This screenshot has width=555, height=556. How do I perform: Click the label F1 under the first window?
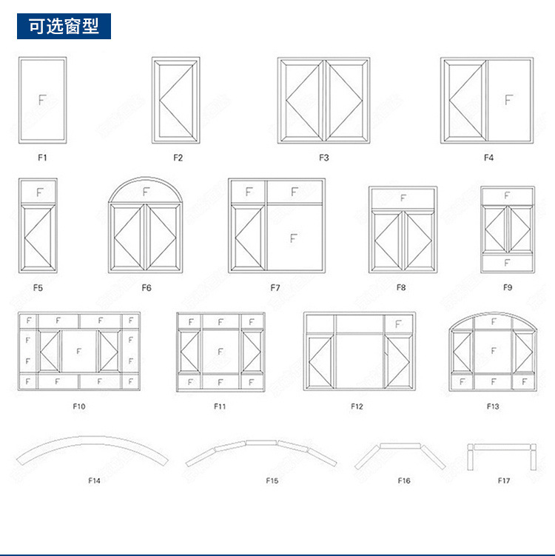(42, 157)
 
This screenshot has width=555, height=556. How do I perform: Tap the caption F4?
(488, 157)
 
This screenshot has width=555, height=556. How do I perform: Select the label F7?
(275, 287)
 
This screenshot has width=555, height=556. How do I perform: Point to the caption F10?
(79, 406)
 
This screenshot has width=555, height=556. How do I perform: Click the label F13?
(493, 406)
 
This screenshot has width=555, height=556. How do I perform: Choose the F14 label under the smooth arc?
(94, 480)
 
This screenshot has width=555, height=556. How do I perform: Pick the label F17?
(504, 480)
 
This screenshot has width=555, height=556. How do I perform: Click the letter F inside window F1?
(42, 100)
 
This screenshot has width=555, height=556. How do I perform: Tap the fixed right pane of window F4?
(509, 100)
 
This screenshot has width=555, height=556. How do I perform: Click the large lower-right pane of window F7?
(294, 238)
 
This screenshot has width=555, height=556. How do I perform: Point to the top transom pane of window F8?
(403, 198)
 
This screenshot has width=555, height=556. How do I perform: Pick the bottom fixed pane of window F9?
(507, 262)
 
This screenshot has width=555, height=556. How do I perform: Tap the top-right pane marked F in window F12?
(398, 324)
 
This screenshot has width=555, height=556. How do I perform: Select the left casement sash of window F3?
(301, 100)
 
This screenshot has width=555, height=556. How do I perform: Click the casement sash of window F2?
(176, 100)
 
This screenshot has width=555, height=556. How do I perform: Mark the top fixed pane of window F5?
(39, 192)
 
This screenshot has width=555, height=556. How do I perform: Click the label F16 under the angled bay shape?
(403, 480)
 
